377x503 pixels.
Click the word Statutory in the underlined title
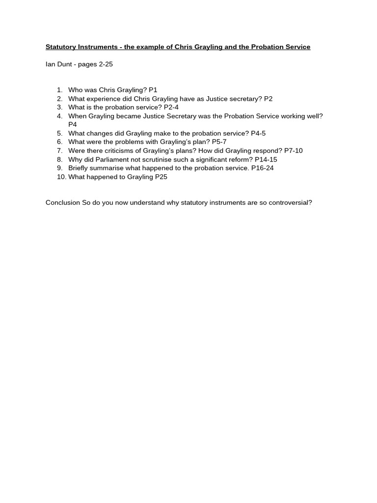[x=60, y=47]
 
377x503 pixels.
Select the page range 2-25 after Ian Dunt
[x=106, y=64]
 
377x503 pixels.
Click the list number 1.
[x=59, y=90]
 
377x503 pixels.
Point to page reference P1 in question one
[x=153, y=90]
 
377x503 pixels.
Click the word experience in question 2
[x=101, y=99]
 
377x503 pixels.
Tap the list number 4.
[x=59, y=116]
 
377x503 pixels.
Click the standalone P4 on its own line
[x=73, y=125]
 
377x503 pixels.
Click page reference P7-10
[x=294, y=150]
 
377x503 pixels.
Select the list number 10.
[x=61, y=177]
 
